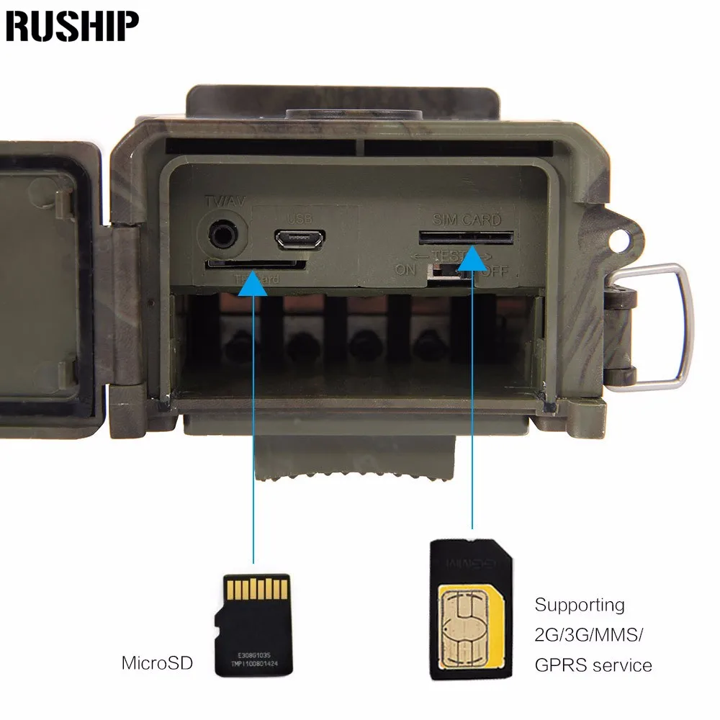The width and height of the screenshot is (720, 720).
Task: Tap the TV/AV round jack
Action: pyautogui.click(x=220, y=235)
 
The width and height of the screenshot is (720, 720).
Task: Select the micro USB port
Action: pyautogui.click(x=300, y=238)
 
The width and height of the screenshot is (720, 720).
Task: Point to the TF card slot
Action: pyautogui.click(x=256, y=265)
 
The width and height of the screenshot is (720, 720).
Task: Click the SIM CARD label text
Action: pyautogui.click(x=466, y=220)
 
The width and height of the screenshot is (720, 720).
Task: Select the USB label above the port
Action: pyautogui.click(x=297, y=218)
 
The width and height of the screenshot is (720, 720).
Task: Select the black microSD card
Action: pyautogui.click(x=253, y=624)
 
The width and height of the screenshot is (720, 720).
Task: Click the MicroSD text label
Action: pyautogui.click(x=157, y=662)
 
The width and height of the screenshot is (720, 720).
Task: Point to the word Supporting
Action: pyautogui.click(x=579, y=605)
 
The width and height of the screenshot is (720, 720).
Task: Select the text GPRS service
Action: pyautogui.click(x=593, y=665)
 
